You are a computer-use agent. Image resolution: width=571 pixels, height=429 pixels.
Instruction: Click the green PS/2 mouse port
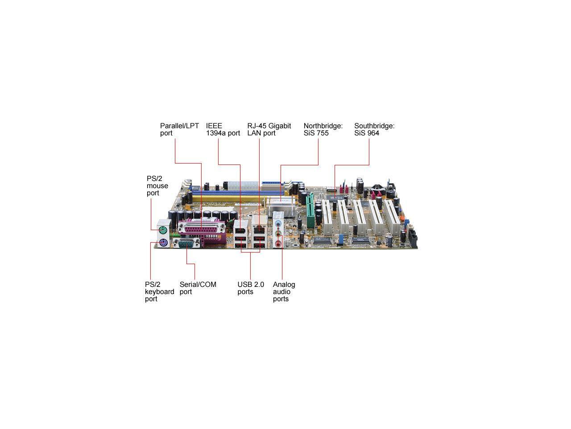(163, 231)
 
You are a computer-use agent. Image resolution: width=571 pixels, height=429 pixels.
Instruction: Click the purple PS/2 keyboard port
(163, 244)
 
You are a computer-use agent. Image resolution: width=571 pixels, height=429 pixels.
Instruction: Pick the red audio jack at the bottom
(279, 244)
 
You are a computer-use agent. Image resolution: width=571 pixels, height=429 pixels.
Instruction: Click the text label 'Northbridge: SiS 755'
(323, 130)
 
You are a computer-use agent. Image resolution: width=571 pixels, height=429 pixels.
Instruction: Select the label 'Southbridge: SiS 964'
(374, 130)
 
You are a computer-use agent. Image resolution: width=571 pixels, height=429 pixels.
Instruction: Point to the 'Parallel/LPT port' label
(179, 130)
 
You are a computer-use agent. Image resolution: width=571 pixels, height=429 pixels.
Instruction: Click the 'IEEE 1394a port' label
(223, 130)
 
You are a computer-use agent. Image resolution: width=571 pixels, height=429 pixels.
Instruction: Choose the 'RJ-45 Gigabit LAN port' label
(269, 130)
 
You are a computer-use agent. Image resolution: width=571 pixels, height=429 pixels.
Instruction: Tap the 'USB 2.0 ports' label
(251, 288)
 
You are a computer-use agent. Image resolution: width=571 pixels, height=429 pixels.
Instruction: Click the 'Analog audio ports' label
(284, 291)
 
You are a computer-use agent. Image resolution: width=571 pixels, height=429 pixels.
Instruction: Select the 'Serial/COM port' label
(198, 288)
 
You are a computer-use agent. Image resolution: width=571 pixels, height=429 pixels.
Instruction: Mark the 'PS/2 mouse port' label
(157, 185)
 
